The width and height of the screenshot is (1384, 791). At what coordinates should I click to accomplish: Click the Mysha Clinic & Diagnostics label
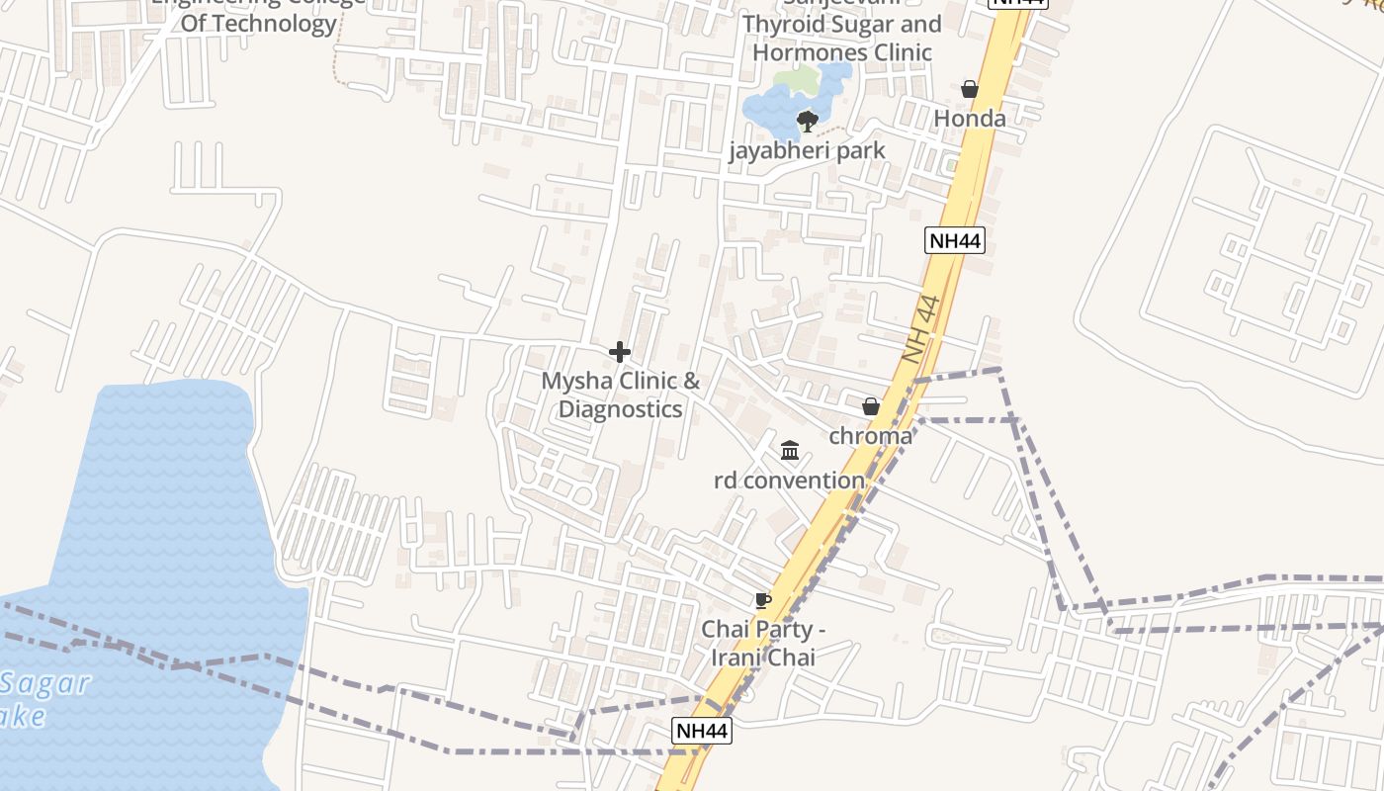pos(620,395)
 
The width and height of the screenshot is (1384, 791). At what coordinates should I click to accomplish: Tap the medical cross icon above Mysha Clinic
pos(620,352)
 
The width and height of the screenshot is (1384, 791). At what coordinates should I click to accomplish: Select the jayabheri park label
pos(807,150)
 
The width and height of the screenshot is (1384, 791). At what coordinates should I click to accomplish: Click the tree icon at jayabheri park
pos(807,122)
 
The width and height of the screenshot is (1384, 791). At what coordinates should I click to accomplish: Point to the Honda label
pos(970,119)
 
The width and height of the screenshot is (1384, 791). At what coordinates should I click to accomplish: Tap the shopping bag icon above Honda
pos(970,89)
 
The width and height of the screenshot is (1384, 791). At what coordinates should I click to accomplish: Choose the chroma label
pos(871,436)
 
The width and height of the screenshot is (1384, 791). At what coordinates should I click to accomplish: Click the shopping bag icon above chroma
pos(871,406)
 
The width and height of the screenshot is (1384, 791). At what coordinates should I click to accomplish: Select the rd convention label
pos(789,481)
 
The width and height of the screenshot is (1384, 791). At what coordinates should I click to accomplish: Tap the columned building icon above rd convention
pos(790,451)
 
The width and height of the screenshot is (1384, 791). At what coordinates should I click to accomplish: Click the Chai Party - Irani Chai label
pos(762,643)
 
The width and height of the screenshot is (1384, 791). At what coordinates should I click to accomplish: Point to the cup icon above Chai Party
pos(762,600)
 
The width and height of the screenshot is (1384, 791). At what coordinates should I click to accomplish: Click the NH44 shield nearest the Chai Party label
pos(702,731)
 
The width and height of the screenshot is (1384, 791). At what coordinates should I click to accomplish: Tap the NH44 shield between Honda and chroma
pos(955,239)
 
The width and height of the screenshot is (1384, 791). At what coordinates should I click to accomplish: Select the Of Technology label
pos(258,24)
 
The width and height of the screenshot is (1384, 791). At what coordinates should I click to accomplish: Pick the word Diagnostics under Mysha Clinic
pos(620,409)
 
